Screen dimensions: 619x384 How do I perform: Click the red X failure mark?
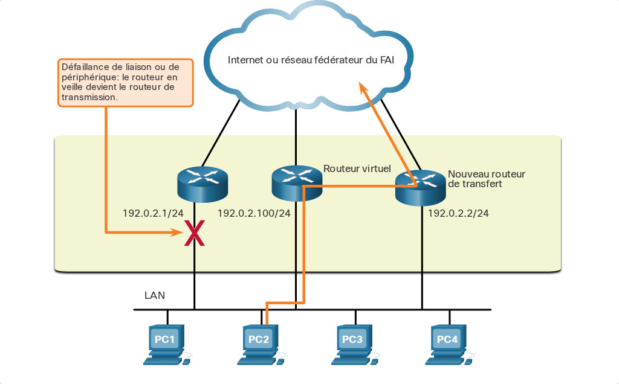tap(195, 233)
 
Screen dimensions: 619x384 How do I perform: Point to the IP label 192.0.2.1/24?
tap(153, 213)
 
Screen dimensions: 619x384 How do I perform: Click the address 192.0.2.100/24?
tap(254, 213)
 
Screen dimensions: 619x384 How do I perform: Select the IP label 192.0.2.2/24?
tap(458, 213)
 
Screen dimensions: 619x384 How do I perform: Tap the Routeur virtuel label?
tap(357, 168)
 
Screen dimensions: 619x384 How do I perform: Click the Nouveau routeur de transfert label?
tap(487, 179)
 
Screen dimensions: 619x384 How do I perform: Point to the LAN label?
tap(155, 295)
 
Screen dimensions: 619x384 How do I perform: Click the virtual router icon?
tap(297, 184)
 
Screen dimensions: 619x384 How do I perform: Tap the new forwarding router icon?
tap(421, 188)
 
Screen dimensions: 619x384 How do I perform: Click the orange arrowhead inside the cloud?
tap(363, 88)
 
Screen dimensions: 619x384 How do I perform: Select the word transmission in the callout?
tap(89, 97)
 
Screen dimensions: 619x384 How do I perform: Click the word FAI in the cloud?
tap(387, 60)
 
